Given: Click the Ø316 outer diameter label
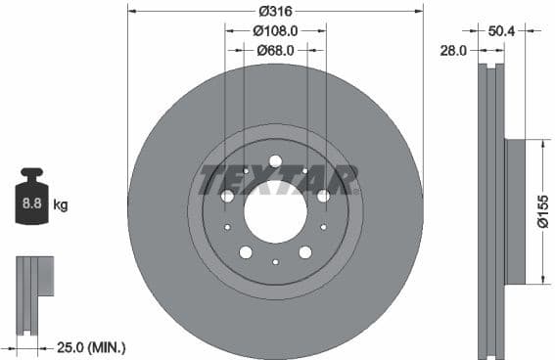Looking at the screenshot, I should (x=275, y=12).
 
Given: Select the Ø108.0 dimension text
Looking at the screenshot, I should (x=275, y=31).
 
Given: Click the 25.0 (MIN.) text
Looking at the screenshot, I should (x=92, y=346).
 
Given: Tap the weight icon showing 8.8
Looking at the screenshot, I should (x=30, y=204).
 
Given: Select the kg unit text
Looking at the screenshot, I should (x=61, y=205).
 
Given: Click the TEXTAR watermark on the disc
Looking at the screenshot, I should (x=278, y=180).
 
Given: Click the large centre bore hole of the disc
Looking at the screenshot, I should (x=275, y=212).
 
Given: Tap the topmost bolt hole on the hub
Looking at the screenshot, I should (x=275, y=161).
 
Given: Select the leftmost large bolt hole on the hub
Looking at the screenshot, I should (x=227, y=196).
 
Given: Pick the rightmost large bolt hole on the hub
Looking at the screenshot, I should (x=323, y=196).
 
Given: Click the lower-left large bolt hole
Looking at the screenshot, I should (x=246, y=252).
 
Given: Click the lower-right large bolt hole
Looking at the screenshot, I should (x=305, y=252).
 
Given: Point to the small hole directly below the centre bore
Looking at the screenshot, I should (x=275, y=262).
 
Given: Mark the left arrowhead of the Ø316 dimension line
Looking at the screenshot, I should (x=131, y=12).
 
